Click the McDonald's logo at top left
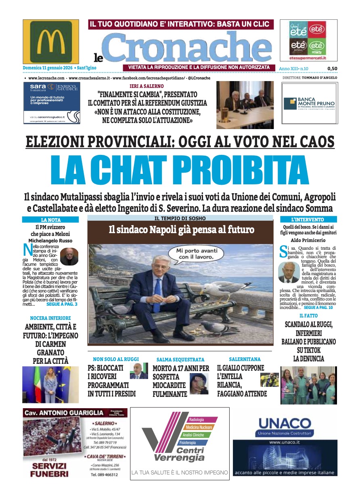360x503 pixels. point(51,42)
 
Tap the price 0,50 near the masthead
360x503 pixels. point(332,69)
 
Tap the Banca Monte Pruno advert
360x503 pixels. point(310,103)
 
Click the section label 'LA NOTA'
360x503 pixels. point(51,220)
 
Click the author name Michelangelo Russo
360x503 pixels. point(51,240)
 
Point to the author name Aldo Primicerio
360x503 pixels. point(309,240)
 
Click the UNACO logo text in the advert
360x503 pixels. point(284,424)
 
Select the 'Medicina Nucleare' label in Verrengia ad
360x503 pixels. point(199,427)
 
